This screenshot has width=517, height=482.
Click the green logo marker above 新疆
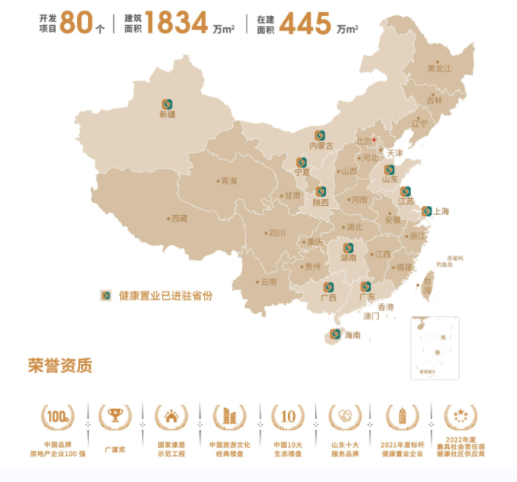(166, 104)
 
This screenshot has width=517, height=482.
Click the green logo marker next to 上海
(427, 211)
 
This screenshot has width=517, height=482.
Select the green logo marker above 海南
(334, 334)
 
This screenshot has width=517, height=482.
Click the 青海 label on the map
(228, 181)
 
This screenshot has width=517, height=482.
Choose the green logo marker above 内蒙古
(321, 134)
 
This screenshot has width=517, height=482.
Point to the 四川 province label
(276, 233)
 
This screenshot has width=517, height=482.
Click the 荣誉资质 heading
(60, 366)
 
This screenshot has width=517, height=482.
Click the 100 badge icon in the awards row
(58, 416)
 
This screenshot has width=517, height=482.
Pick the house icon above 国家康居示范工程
(171, 416)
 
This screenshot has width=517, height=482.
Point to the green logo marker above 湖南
(348, 248)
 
